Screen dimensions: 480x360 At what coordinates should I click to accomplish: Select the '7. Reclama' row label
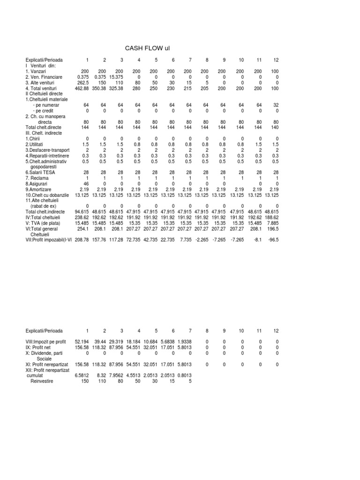[38, 178]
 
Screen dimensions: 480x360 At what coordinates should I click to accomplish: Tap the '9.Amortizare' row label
[40, 189]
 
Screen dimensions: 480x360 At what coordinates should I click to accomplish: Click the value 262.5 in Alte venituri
[82, 82]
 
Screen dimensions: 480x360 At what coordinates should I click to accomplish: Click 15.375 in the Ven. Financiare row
[116, 76]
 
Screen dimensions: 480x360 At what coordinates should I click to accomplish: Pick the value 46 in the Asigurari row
[86, 184]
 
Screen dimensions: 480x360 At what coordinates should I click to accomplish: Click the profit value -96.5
[273, 240]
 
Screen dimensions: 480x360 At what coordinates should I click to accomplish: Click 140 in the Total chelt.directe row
[275, 127]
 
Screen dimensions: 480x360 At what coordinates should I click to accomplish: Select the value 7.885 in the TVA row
[272, 223]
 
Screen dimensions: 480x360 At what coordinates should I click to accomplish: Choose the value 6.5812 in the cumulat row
[82, 375]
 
